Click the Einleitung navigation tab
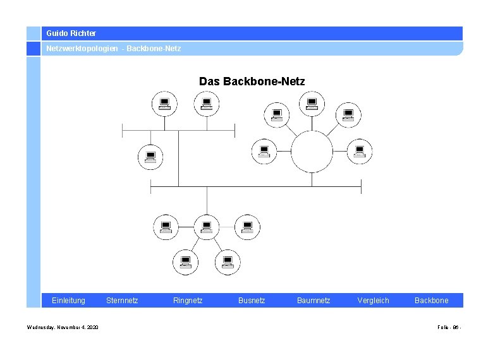(x=68, y=301)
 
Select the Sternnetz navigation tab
(x=122, y=301)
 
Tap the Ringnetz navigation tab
(x=188, y=301)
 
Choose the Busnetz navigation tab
(x=252, y=301)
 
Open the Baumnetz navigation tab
(x=313, y=301)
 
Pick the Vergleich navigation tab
(x=373, y=301)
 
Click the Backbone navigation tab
(x=432, y=301)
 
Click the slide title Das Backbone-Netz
(x=252, y=81)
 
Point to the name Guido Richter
(x=71, y=33)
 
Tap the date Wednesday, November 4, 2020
(x=63, y=327)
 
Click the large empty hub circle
(x=312, y=152)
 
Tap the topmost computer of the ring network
(x=311, y=102)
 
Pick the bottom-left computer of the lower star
(x=185, y=261)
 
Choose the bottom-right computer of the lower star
(x=227, y=261)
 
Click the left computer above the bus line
(x=164, y=103)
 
